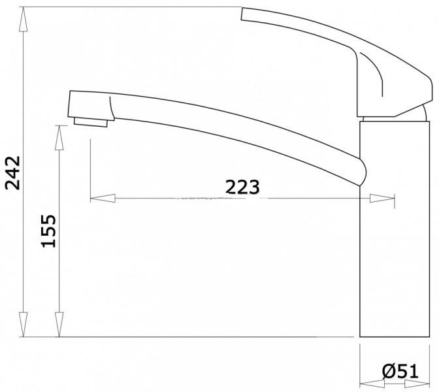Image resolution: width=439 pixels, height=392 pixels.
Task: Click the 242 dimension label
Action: [x=13, y=172]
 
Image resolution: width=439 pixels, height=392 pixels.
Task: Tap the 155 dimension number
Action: [x=49, y=231]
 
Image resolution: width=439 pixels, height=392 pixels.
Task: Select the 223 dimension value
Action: [x=242, y=187]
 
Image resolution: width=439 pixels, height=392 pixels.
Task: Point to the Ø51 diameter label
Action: [x=400, y=372]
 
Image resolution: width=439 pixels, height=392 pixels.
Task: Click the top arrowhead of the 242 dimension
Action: [x=24, y=19]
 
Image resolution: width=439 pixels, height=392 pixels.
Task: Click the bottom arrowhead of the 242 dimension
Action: [x=24, y=325]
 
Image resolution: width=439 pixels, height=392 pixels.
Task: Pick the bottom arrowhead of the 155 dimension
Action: [x=59, y=325]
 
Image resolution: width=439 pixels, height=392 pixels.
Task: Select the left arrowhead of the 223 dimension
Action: [x=103, y=198]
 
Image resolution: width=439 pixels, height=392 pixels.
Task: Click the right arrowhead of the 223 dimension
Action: [x=382, y=198]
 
